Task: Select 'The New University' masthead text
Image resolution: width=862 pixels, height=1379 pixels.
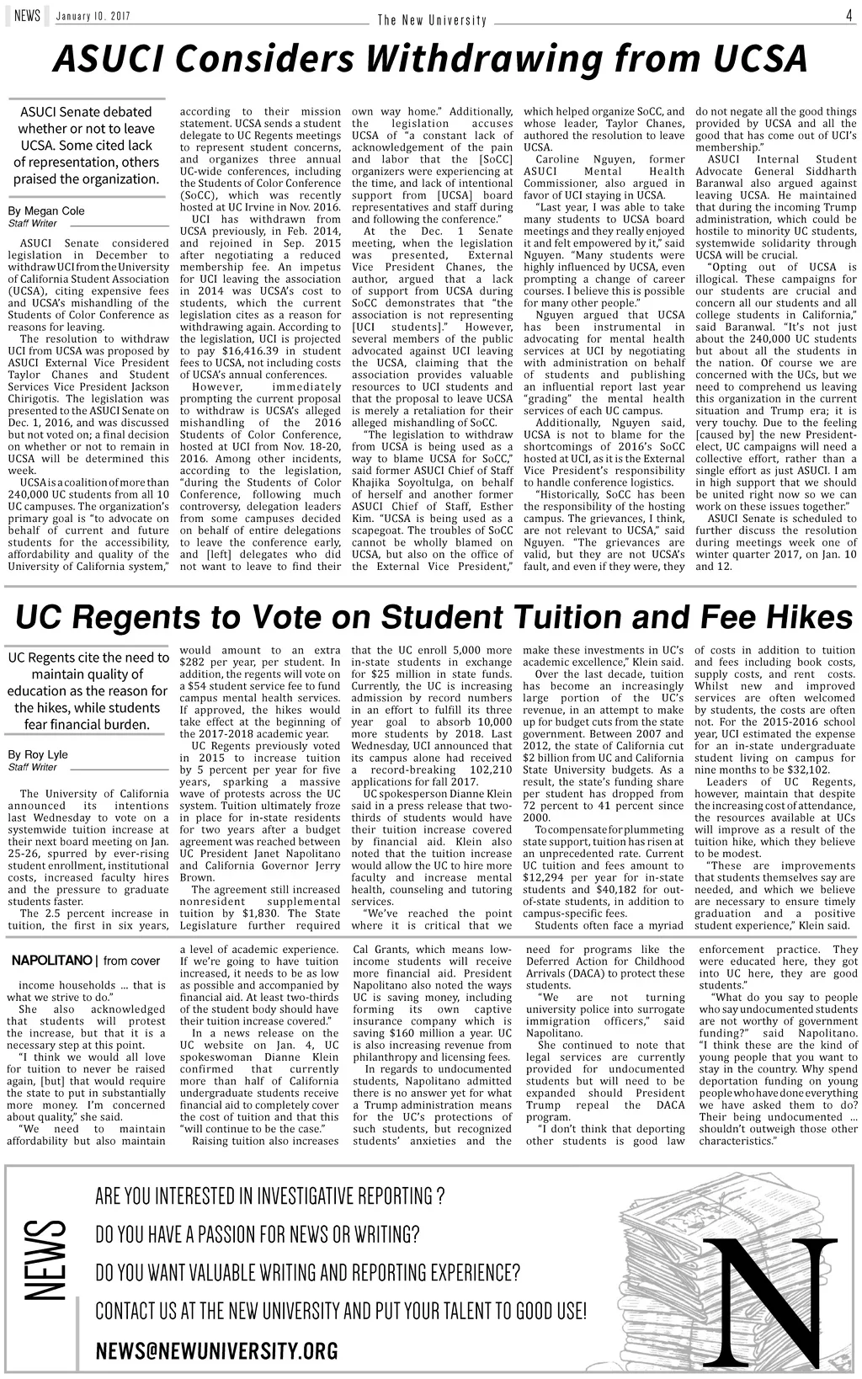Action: point(432,20)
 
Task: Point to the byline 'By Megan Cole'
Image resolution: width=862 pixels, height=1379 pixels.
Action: point(46,210)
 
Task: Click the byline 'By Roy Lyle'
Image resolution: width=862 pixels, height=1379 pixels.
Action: point(38,754)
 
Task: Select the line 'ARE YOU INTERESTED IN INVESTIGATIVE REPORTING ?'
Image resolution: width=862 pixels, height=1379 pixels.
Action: point(270,1196)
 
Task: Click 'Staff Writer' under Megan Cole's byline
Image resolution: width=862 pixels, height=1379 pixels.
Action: point(32,224)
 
